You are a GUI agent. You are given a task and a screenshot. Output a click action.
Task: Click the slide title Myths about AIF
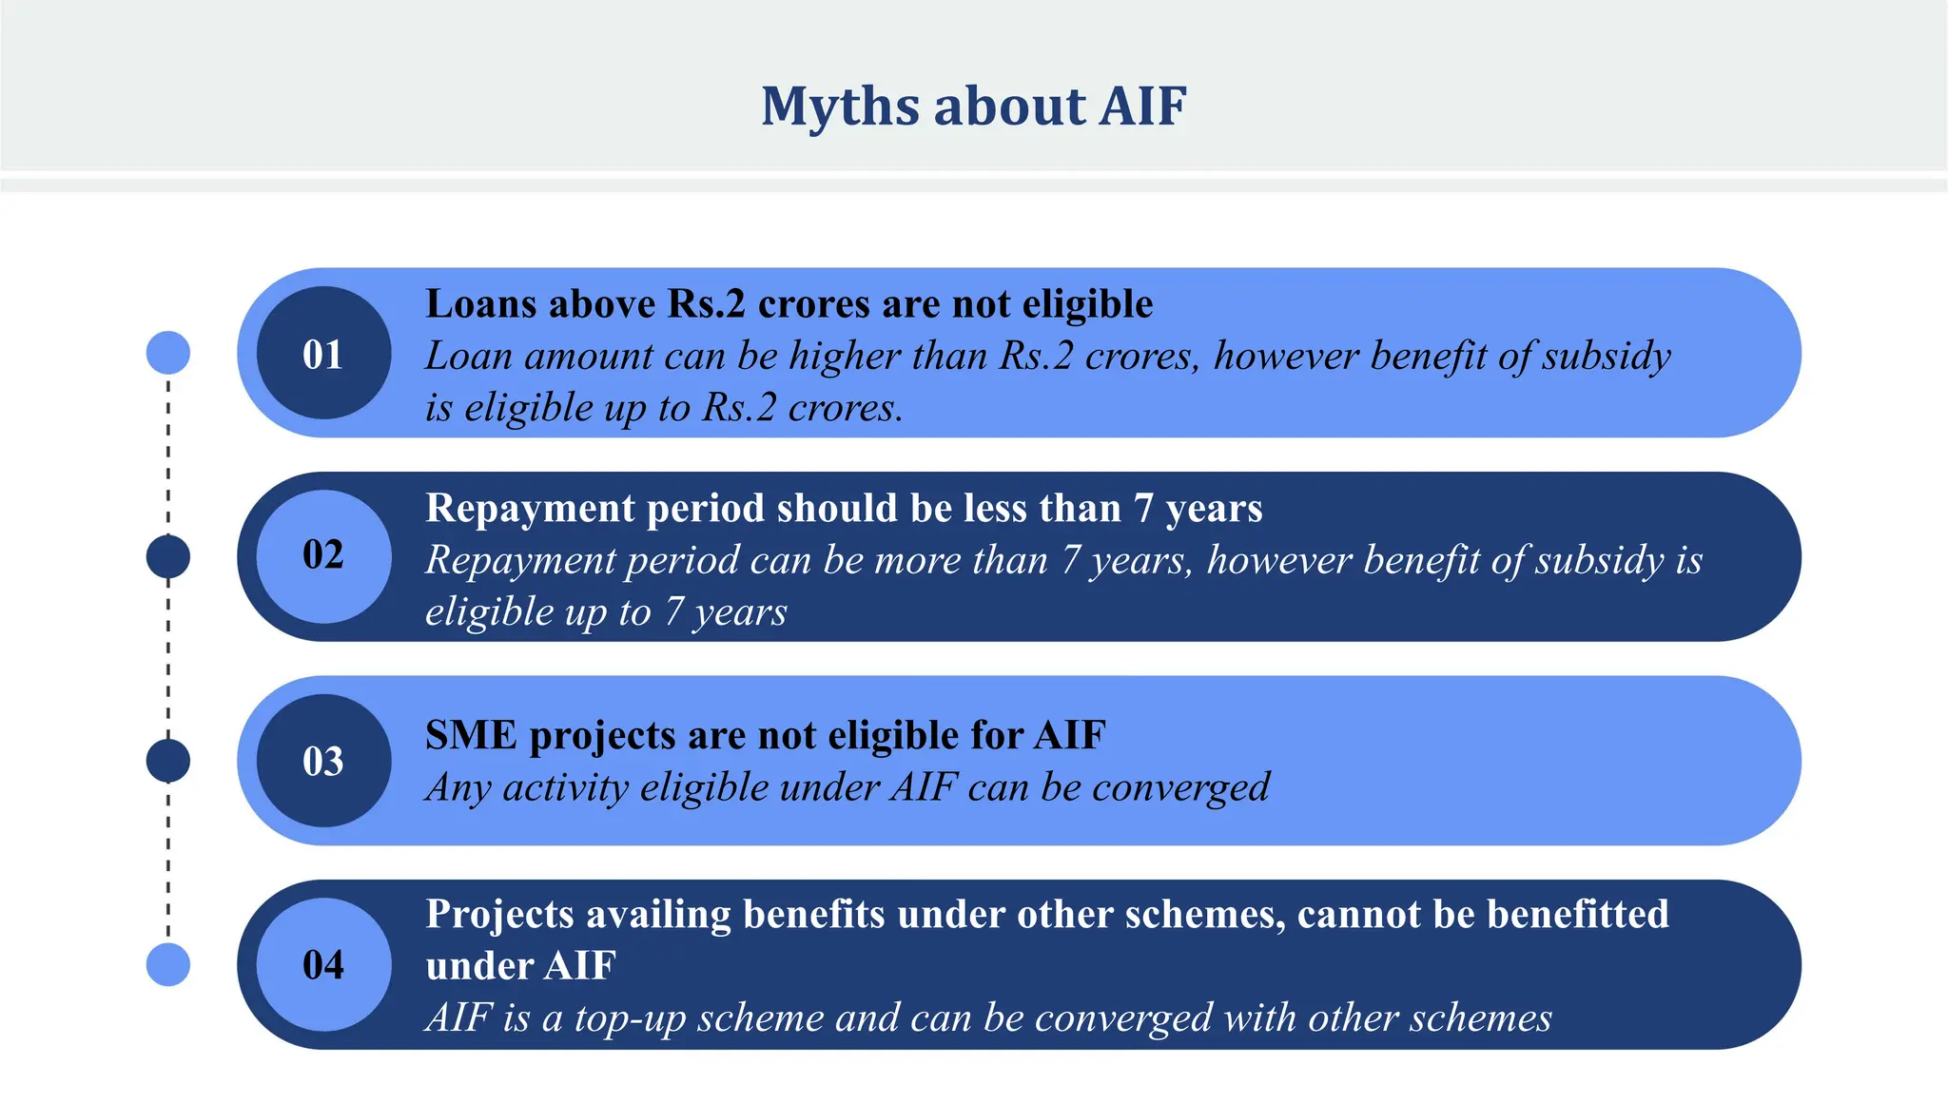point(973,106)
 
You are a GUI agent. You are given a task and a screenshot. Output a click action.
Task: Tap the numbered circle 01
point(323,354)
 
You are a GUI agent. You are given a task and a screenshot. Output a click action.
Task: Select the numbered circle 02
point(323,555)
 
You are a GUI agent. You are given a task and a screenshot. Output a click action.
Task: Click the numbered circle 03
point(323,761)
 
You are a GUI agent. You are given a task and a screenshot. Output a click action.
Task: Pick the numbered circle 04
point(323,964)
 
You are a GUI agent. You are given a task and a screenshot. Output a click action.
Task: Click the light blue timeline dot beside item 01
point(168,353)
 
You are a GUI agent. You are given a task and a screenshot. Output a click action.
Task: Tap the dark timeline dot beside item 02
point(168,556)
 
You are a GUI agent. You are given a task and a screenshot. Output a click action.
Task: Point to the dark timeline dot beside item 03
point(168,761)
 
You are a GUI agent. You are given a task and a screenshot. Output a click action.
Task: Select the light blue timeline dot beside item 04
point(168,964)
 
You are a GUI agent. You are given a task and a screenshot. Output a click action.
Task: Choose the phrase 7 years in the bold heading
point(1197,510)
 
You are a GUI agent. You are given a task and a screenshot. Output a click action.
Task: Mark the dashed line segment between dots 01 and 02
point(168,455)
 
